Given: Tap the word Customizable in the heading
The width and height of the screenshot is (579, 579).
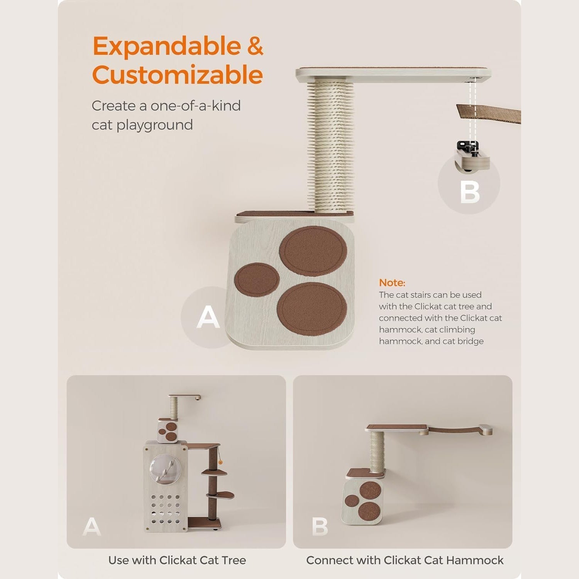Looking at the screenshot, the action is click(x=178, y=74).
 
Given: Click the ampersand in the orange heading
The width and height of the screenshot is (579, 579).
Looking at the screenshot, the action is click(x=255, y=47).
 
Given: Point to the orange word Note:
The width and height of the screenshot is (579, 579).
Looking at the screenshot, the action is click(x=392, y=283).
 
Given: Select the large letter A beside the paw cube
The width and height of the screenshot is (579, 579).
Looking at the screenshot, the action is click(x=208, y=317).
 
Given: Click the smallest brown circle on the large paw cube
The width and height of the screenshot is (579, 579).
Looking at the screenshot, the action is click(x=257, y=279).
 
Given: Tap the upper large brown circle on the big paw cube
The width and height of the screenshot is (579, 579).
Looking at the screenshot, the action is click(x=313, y=251).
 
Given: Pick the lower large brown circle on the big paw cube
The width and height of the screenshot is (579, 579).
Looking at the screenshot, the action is click(x=312, y=308).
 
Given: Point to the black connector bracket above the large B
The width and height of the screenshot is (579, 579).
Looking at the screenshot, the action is click(x=468, y=147).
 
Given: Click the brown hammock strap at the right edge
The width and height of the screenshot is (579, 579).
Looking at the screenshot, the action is click(x=489, y=113).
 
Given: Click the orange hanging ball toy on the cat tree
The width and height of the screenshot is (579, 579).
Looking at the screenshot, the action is click(x=220, y=462).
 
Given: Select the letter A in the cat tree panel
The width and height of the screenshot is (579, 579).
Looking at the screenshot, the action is click(x=92, y=526).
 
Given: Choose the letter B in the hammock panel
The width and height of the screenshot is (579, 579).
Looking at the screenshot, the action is click(x=320, y=526).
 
